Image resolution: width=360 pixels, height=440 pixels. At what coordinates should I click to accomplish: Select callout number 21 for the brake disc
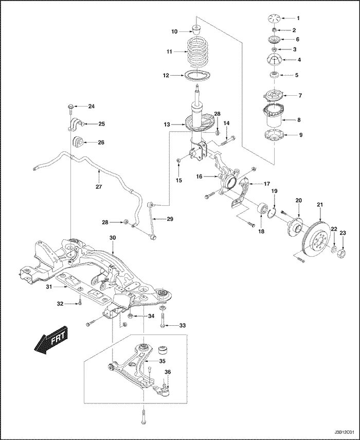tap(319, 205)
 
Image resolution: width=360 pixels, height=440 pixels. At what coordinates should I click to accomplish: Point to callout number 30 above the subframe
tap(113, 237)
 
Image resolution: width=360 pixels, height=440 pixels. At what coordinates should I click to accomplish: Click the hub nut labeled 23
tap(344, 253)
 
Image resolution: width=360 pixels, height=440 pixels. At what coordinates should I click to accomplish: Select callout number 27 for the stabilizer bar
tap(99, 187)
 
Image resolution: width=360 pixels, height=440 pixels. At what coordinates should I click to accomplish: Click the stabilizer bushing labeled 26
tap(78, 142)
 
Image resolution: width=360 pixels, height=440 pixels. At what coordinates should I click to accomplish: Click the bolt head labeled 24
tap(69, 107)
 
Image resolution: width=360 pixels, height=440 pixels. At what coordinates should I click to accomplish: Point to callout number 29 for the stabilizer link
tap(170, 219)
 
